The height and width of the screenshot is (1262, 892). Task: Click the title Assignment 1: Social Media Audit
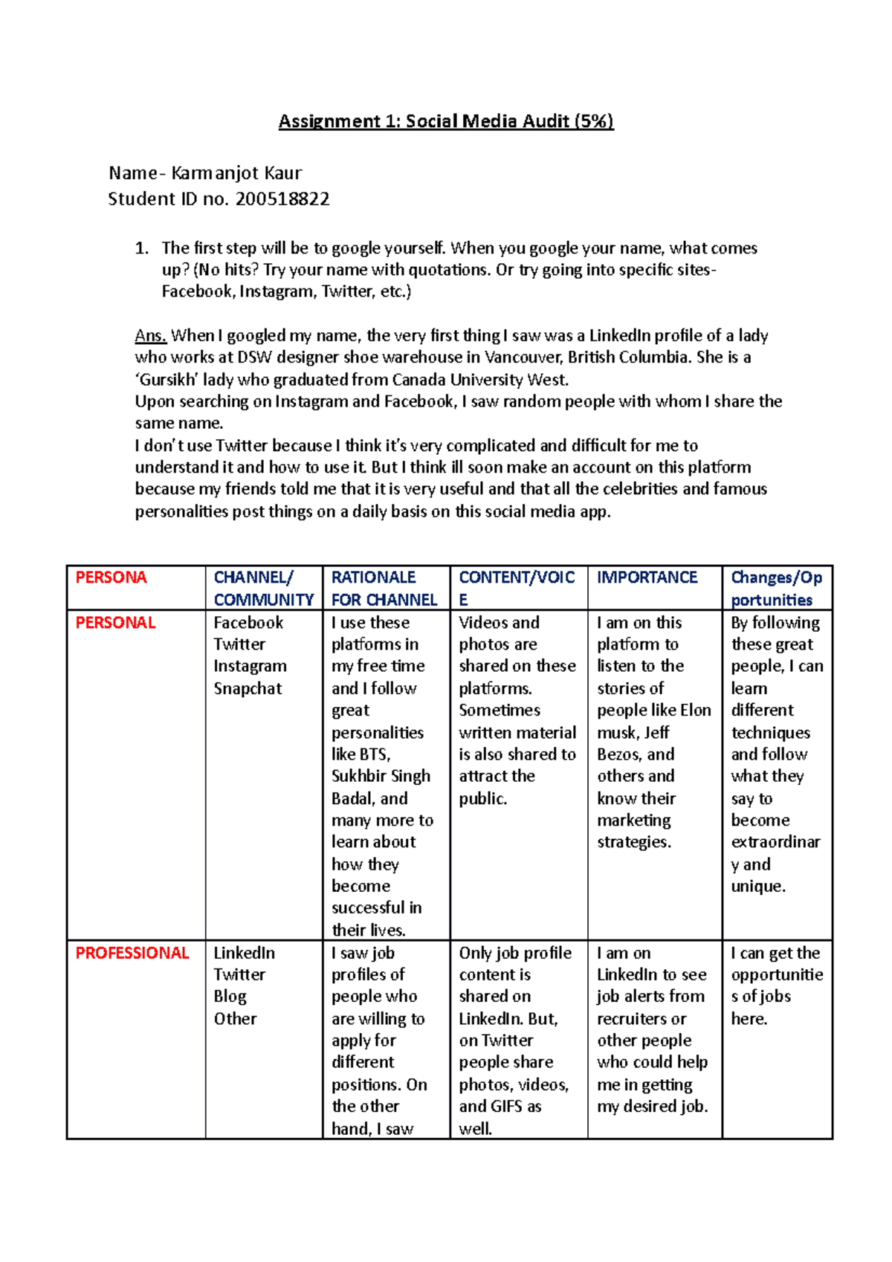pos(446,121)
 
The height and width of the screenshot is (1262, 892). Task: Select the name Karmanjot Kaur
pos(236,173)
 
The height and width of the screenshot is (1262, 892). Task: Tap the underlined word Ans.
pos(150,336)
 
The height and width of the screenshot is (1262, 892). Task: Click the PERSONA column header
pos(111,577)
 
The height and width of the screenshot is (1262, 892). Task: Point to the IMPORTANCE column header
pos(647,577)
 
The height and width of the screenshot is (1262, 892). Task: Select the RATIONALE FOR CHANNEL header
pos(384,588)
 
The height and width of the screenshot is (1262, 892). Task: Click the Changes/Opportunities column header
pos(776,588)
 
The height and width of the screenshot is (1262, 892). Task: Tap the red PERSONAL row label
pos(115,623)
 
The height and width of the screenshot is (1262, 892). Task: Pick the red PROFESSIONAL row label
pos(132,953)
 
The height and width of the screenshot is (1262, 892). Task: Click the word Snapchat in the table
pos(248,689)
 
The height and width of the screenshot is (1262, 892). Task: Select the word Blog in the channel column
pos(230,997)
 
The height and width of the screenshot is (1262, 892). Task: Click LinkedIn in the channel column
pos(244,953)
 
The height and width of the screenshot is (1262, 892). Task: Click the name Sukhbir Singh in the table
pos(381,776)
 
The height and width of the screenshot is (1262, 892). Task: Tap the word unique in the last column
pos(757,886)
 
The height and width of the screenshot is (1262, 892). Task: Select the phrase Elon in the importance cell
pos(696,711)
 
